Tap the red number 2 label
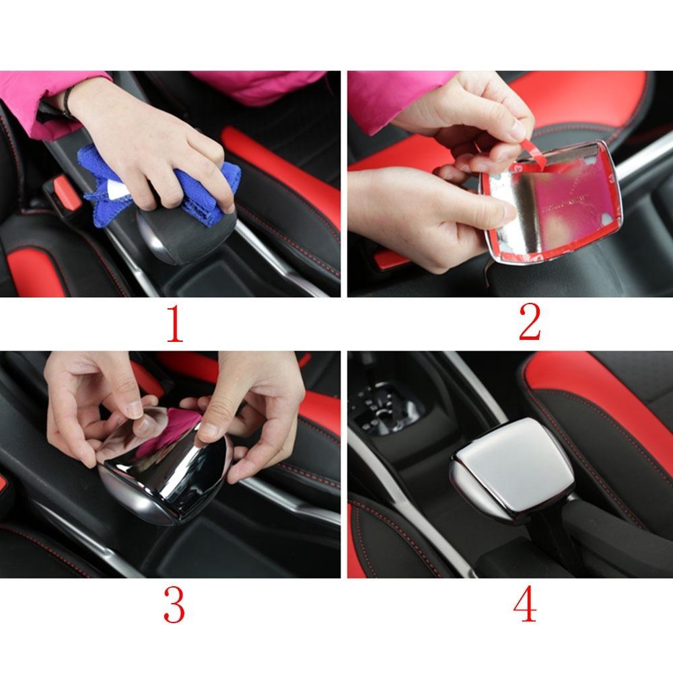(x=530, y=324)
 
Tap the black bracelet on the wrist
(x=67, y=101)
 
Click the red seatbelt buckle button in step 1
(x=68, y=192)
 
